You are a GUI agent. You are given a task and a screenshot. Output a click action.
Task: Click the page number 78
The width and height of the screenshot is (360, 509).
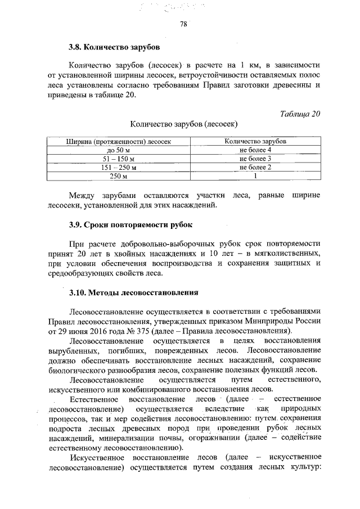click(x=183, y=24)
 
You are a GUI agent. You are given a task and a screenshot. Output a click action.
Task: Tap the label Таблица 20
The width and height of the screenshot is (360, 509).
click(x=300, y=114)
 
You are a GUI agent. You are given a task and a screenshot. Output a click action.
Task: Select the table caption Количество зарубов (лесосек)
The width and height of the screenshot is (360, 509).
click(x=183, y=124)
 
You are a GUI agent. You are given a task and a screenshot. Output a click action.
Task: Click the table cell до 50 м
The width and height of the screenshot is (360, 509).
click(x=119, y=150)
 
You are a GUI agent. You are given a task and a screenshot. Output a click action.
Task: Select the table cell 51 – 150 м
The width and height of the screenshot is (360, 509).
click(x=119, y=159)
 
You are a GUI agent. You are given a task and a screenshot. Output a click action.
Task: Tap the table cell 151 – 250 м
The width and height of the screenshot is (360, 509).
click(x=119, y=168)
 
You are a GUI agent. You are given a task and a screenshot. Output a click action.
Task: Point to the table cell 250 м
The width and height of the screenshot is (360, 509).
click(x=119, y=177)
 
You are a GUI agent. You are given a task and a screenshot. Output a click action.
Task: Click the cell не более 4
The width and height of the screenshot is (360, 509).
click(x=255, y=150)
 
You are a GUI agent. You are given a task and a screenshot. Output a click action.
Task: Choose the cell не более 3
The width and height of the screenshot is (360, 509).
click(x=255, y=159)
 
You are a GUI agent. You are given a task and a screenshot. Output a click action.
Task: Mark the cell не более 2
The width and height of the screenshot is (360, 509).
click(x=255, y=168)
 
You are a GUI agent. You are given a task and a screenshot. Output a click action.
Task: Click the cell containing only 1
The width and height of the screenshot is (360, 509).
click(x=255, y=177)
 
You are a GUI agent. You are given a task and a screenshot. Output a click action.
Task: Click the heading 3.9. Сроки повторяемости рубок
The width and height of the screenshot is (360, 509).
click(x=130, y=225)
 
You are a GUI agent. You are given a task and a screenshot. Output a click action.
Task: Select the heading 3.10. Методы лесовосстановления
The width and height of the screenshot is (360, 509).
click(x=134, y=292)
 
